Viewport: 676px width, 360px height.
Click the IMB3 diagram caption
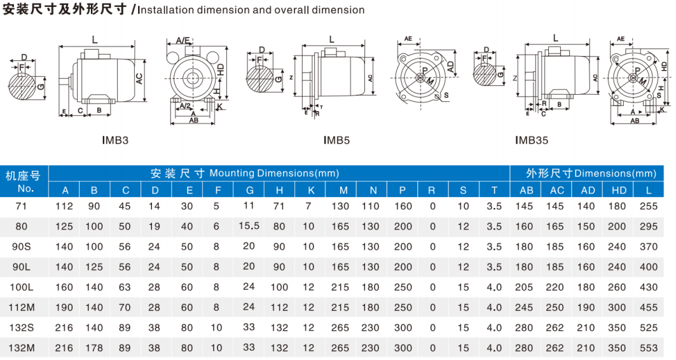pyautogui.click(x=115, y=139)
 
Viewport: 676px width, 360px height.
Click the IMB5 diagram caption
pyautogui.click(x=337, y=140)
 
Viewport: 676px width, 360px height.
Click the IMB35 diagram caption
pyautogui.click(x=532, y=140)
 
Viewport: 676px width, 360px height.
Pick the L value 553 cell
pyautogui.click(x=649, y=348)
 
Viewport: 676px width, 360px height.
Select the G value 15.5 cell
pyautogui.click(x=249, y=226)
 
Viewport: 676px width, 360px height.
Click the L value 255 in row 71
pyautogui.click(x=649, y=206)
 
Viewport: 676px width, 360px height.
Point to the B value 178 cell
pyautogui.click(x=94, y=348)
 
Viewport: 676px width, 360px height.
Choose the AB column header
pyautogui.click(x=526, y=190)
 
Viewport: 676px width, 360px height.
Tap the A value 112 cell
pyautogui.click(x=65, y=206)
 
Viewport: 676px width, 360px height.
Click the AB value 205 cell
pyautogui.click(x=525, y=287)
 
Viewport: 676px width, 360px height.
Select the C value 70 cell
pyautogui.click(x=125, y=308)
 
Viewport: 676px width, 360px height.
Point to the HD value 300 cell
pyautogui.click(x=617, y=308)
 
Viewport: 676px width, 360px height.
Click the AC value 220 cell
pyautogui.click(x=556, y=287)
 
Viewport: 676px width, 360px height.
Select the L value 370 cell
pyautogui.click(x=649, y=247)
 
